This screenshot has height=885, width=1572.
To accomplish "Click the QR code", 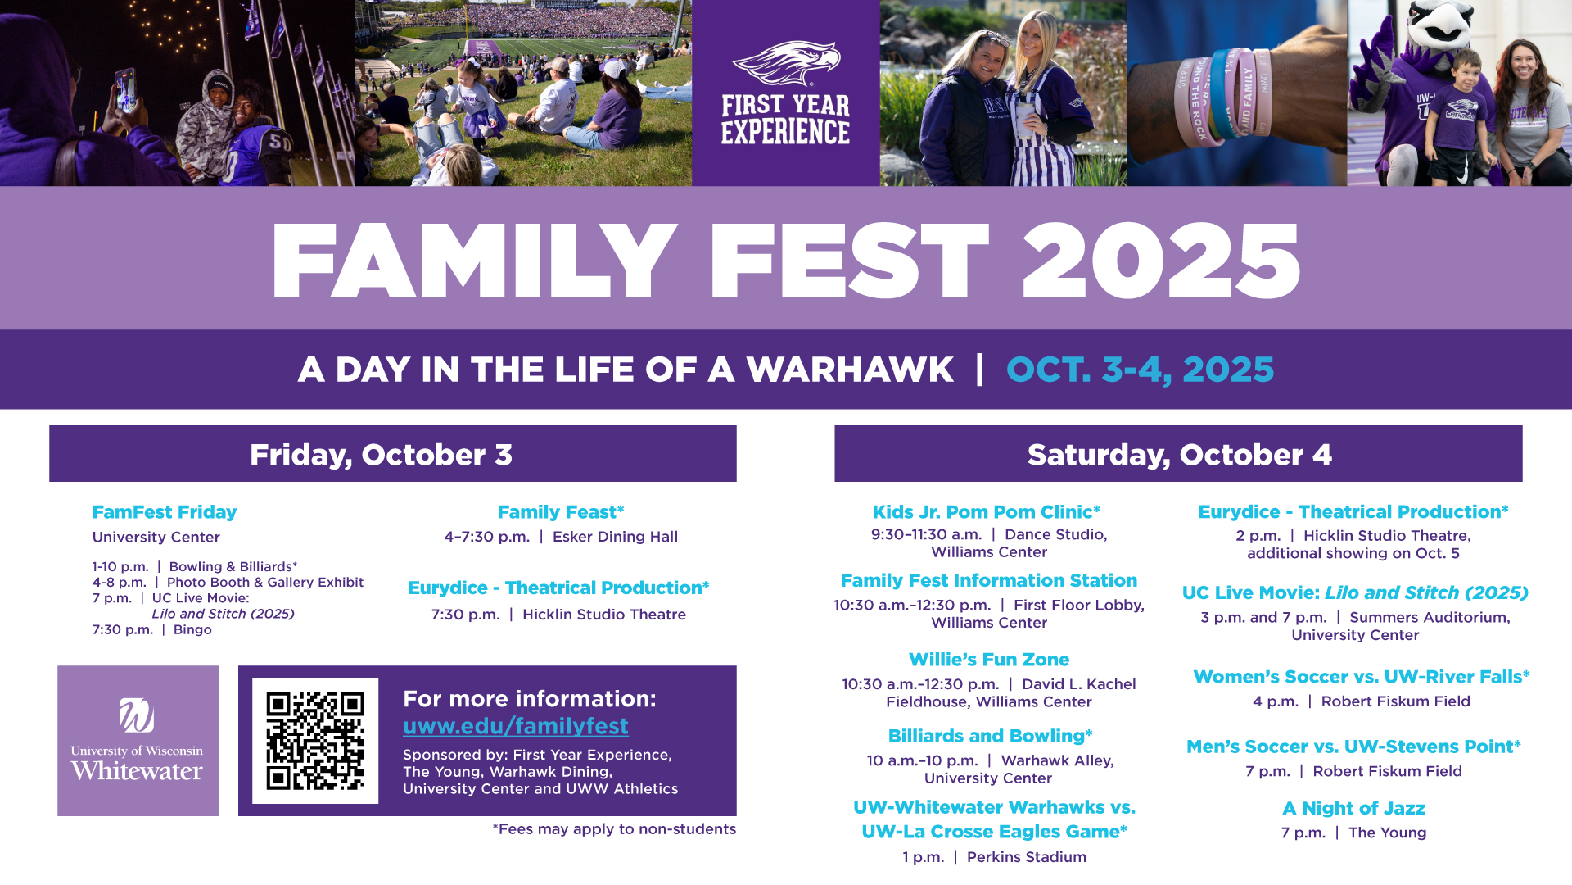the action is [x=315, y=741].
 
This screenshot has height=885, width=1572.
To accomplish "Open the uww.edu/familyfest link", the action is [x=516, y=726].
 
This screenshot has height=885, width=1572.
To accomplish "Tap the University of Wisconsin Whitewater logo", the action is [x=138, y=740].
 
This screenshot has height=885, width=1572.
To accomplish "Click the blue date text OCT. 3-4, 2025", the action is [x=1140, y=370].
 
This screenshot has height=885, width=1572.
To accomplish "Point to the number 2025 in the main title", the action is [x=1161, y=261].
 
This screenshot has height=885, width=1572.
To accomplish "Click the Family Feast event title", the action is [x=561, y=512].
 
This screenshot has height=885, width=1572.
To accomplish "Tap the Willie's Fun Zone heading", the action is [x=989, y=660].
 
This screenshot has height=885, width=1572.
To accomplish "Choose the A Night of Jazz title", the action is [x=1354, y=809].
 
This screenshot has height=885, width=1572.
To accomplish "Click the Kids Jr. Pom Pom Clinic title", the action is [x=987, y=512].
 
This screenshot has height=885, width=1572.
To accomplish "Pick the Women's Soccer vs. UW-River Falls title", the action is [x=1362, y=677].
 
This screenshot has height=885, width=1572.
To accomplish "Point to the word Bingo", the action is [x=192, y=629].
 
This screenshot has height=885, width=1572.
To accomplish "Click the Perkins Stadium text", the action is [x=1027, y=857].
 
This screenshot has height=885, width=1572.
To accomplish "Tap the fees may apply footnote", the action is [x=614, y=829].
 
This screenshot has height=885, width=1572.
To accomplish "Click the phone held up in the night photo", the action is [x=125, y=90].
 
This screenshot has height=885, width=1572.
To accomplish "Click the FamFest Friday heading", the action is [x=165, y=512].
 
